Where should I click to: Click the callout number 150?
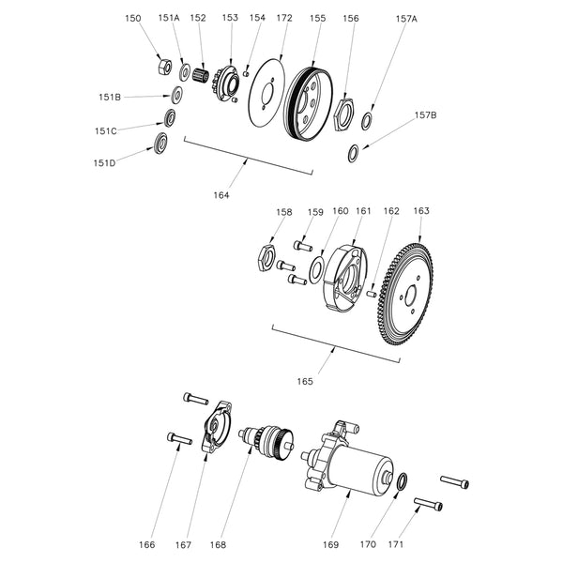[134, 19]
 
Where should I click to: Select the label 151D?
[106, 161]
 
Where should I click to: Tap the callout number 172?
[285, 19]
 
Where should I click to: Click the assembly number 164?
[221, 195]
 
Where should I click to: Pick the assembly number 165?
[306, 381]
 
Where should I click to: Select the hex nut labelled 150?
[162, 67]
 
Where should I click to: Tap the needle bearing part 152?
[200, 72]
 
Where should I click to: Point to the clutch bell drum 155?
[307, 99]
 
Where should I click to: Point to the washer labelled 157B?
[353, 154]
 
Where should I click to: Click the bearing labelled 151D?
[160, 144]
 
